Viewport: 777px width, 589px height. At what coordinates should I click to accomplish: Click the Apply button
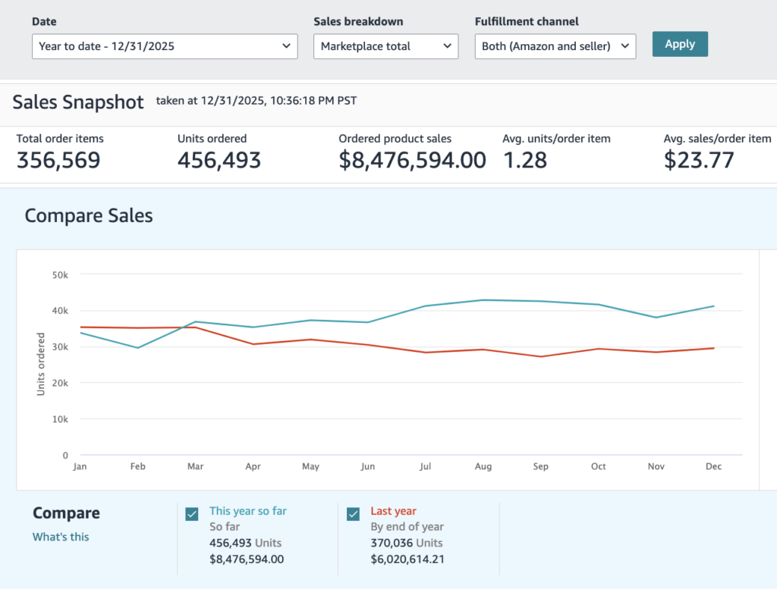(680, 44)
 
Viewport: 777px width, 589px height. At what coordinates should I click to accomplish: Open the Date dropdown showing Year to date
(165, 46)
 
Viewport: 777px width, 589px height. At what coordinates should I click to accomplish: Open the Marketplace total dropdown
(385, 46)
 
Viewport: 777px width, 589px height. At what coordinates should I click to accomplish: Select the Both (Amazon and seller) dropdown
(555, 46)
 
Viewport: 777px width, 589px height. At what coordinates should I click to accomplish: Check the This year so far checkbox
(192, 514)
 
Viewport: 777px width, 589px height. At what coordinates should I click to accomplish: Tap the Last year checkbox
(354, 514)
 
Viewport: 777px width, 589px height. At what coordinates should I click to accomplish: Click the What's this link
(61, 537)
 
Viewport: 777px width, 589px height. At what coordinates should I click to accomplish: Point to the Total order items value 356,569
(58, 160)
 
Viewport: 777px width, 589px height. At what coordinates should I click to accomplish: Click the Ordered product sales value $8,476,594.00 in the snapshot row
(412, 160)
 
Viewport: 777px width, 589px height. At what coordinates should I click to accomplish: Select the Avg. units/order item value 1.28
(525, 160)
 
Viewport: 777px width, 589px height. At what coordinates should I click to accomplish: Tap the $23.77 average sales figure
(699, 160)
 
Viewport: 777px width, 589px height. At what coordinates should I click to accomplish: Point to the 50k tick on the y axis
(60, 274)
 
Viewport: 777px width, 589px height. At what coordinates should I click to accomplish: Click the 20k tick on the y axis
(60, 383)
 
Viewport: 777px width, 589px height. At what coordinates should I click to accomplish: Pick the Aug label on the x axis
(483, 466)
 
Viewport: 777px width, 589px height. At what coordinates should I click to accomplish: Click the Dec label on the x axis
(713, 466)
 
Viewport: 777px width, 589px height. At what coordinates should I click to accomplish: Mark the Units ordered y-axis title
(41, 364)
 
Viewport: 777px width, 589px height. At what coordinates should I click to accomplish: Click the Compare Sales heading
(89, 216)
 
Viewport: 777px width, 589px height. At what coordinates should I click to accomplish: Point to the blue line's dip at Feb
(138, 348)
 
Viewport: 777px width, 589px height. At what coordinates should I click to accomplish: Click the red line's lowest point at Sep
(540, 356)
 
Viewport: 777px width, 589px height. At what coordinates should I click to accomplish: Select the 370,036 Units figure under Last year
(407, 543)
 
